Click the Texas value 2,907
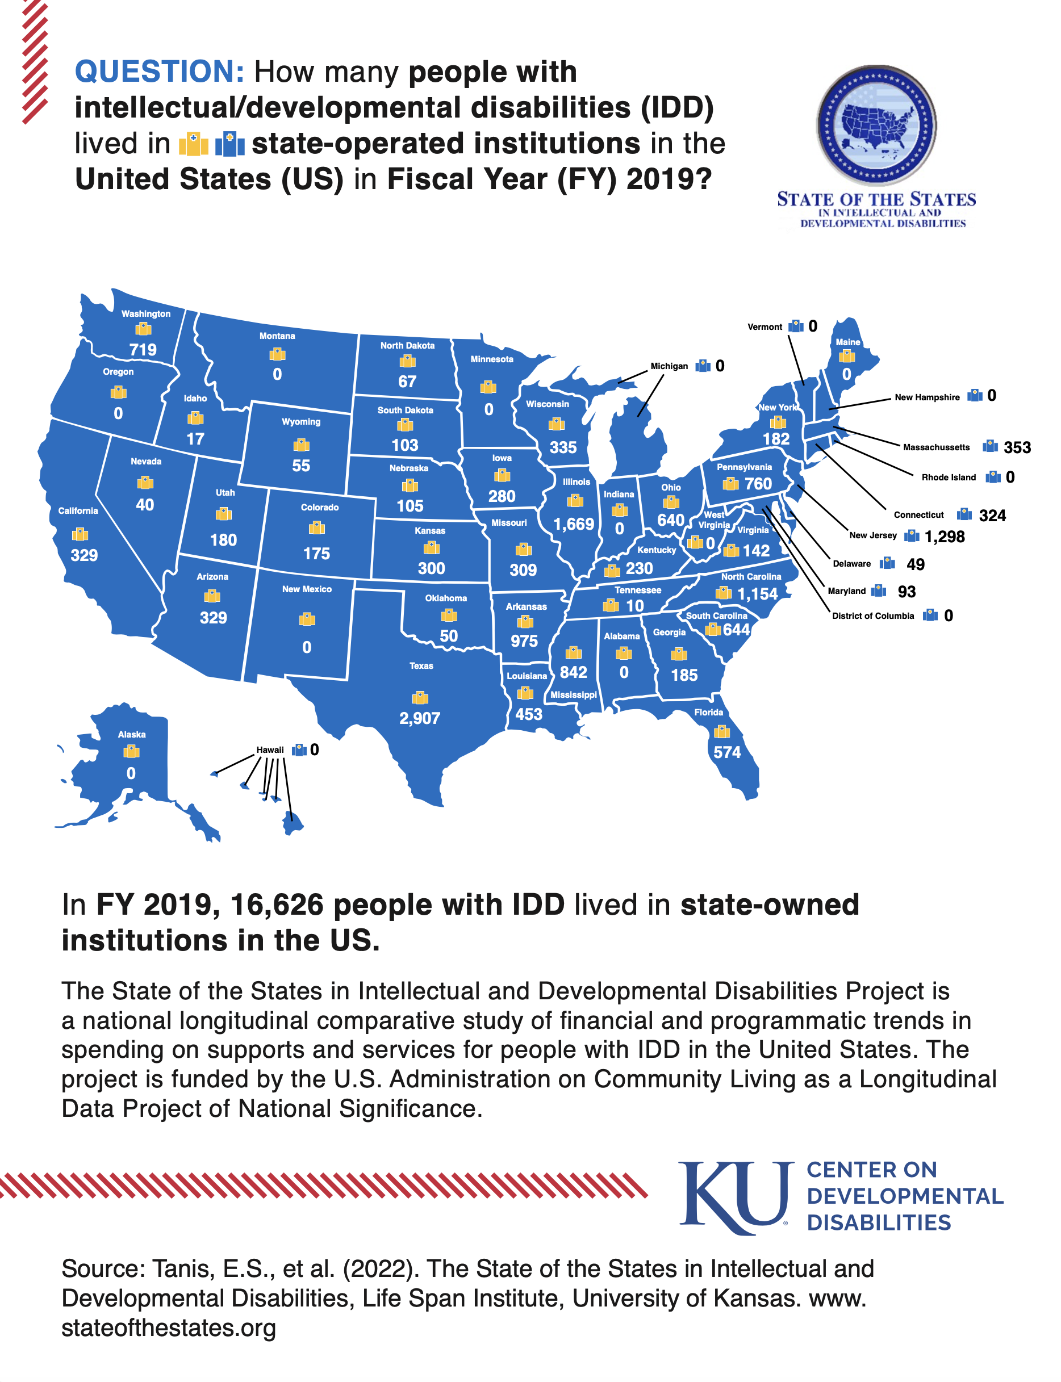(419, 718)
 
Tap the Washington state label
(146, 314)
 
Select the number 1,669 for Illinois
(574, 524)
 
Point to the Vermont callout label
(764, 327)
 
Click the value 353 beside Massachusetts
(1017, 447)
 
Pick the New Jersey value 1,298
(944, 537)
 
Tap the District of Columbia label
(872, 616)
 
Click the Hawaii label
(270, 750)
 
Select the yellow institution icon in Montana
(277, 354)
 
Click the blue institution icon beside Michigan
(702, 366)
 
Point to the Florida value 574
(727, 752)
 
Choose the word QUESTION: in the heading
(159, 72)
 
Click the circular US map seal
(876, 125)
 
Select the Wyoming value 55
(301, 466)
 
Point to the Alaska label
(132, 734)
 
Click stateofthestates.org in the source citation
(169, 1327)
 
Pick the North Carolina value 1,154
(757, 594)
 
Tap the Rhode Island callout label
(948, 478)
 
